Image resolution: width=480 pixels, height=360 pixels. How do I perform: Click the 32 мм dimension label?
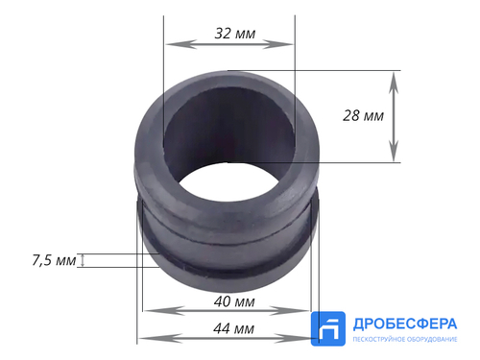tap(234, 33)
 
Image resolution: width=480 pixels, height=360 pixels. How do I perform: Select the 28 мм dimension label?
tap(363, 116)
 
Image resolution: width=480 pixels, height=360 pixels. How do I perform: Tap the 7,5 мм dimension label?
tap(54, 260)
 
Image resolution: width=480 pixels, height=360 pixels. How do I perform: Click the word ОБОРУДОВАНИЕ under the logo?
tap(432, 341)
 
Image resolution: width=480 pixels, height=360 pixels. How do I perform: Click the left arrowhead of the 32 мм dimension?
tap(170, 44)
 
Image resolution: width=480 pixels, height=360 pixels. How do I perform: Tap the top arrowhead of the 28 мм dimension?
tap(394, 76)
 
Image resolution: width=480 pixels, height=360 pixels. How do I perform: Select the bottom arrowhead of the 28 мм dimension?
tap(394, 156)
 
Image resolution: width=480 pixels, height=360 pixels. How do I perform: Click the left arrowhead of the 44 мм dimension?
tap(143, 338)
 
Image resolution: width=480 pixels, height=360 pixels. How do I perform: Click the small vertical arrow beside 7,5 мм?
tap(83, 260)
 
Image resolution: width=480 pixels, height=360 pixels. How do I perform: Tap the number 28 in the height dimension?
tap(351, 116)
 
